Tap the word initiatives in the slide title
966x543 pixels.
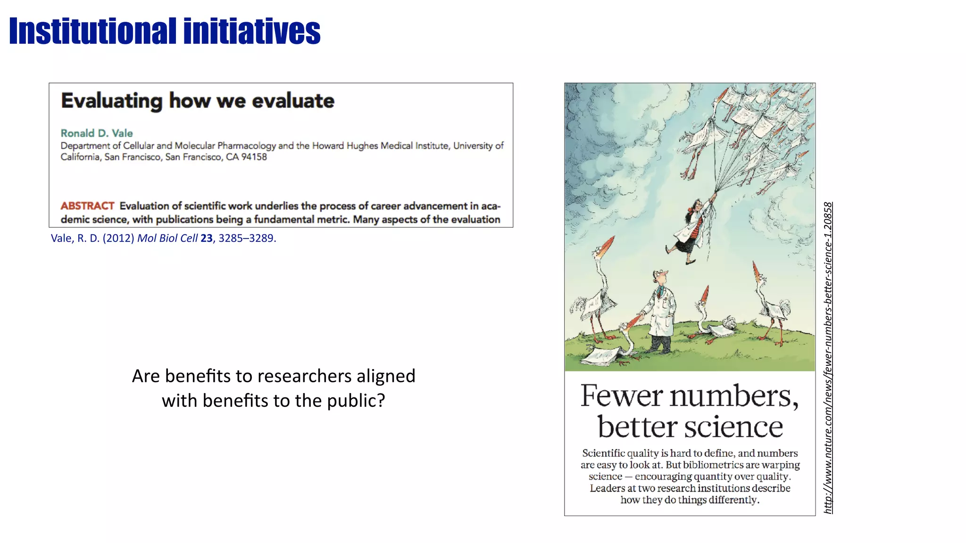[252, 31]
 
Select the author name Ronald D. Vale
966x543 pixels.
[97, 133]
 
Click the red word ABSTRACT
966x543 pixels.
[87, 206]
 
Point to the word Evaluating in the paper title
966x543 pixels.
[112, 101]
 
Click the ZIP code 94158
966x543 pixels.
[254, 157]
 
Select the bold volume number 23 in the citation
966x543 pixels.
[206, 239]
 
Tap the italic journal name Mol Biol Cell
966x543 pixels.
[167, 239]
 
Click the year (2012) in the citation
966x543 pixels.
[118, 239]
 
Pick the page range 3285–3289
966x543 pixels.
[246, 239]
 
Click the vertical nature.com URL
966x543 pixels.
[828, 358]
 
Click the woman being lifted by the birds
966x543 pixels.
[690, 231]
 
